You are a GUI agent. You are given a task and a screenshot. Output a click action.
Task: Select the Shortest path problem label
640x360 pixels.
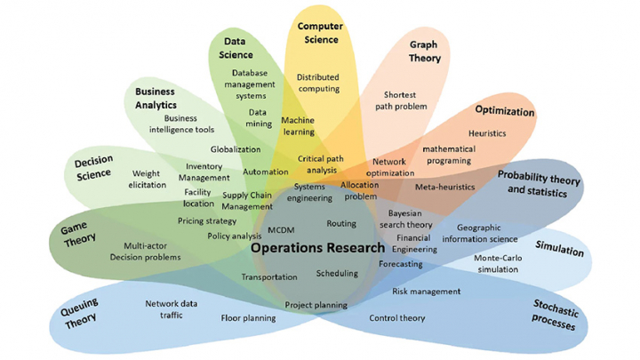pyautogui.click(x=405, y=100)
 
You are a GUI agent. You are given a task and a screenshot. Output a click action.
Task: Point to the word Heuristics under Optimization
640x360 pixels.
pyautogui.click(x=487, y=133)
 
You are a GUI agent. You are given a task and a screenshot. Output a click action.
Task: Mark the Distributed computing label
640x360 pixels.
pyautogui.click(x=317, y=83)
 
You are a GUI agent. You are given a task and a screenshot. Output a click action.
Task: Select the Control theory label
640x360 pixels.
pyautogui.click(x=397, y=317)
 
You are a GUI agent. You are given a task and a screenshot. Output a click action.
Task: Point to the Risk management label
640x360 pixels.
pyautogui.click(x=427, y=291)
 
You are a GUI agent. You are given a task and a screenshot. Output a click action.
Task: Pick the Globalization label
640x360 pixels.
pyautogui.click(x=236, y=149)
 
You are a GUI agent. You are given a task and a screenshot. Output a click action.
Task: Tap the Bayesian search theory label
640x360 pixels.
pyautogui.click(x=410, y=220)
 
